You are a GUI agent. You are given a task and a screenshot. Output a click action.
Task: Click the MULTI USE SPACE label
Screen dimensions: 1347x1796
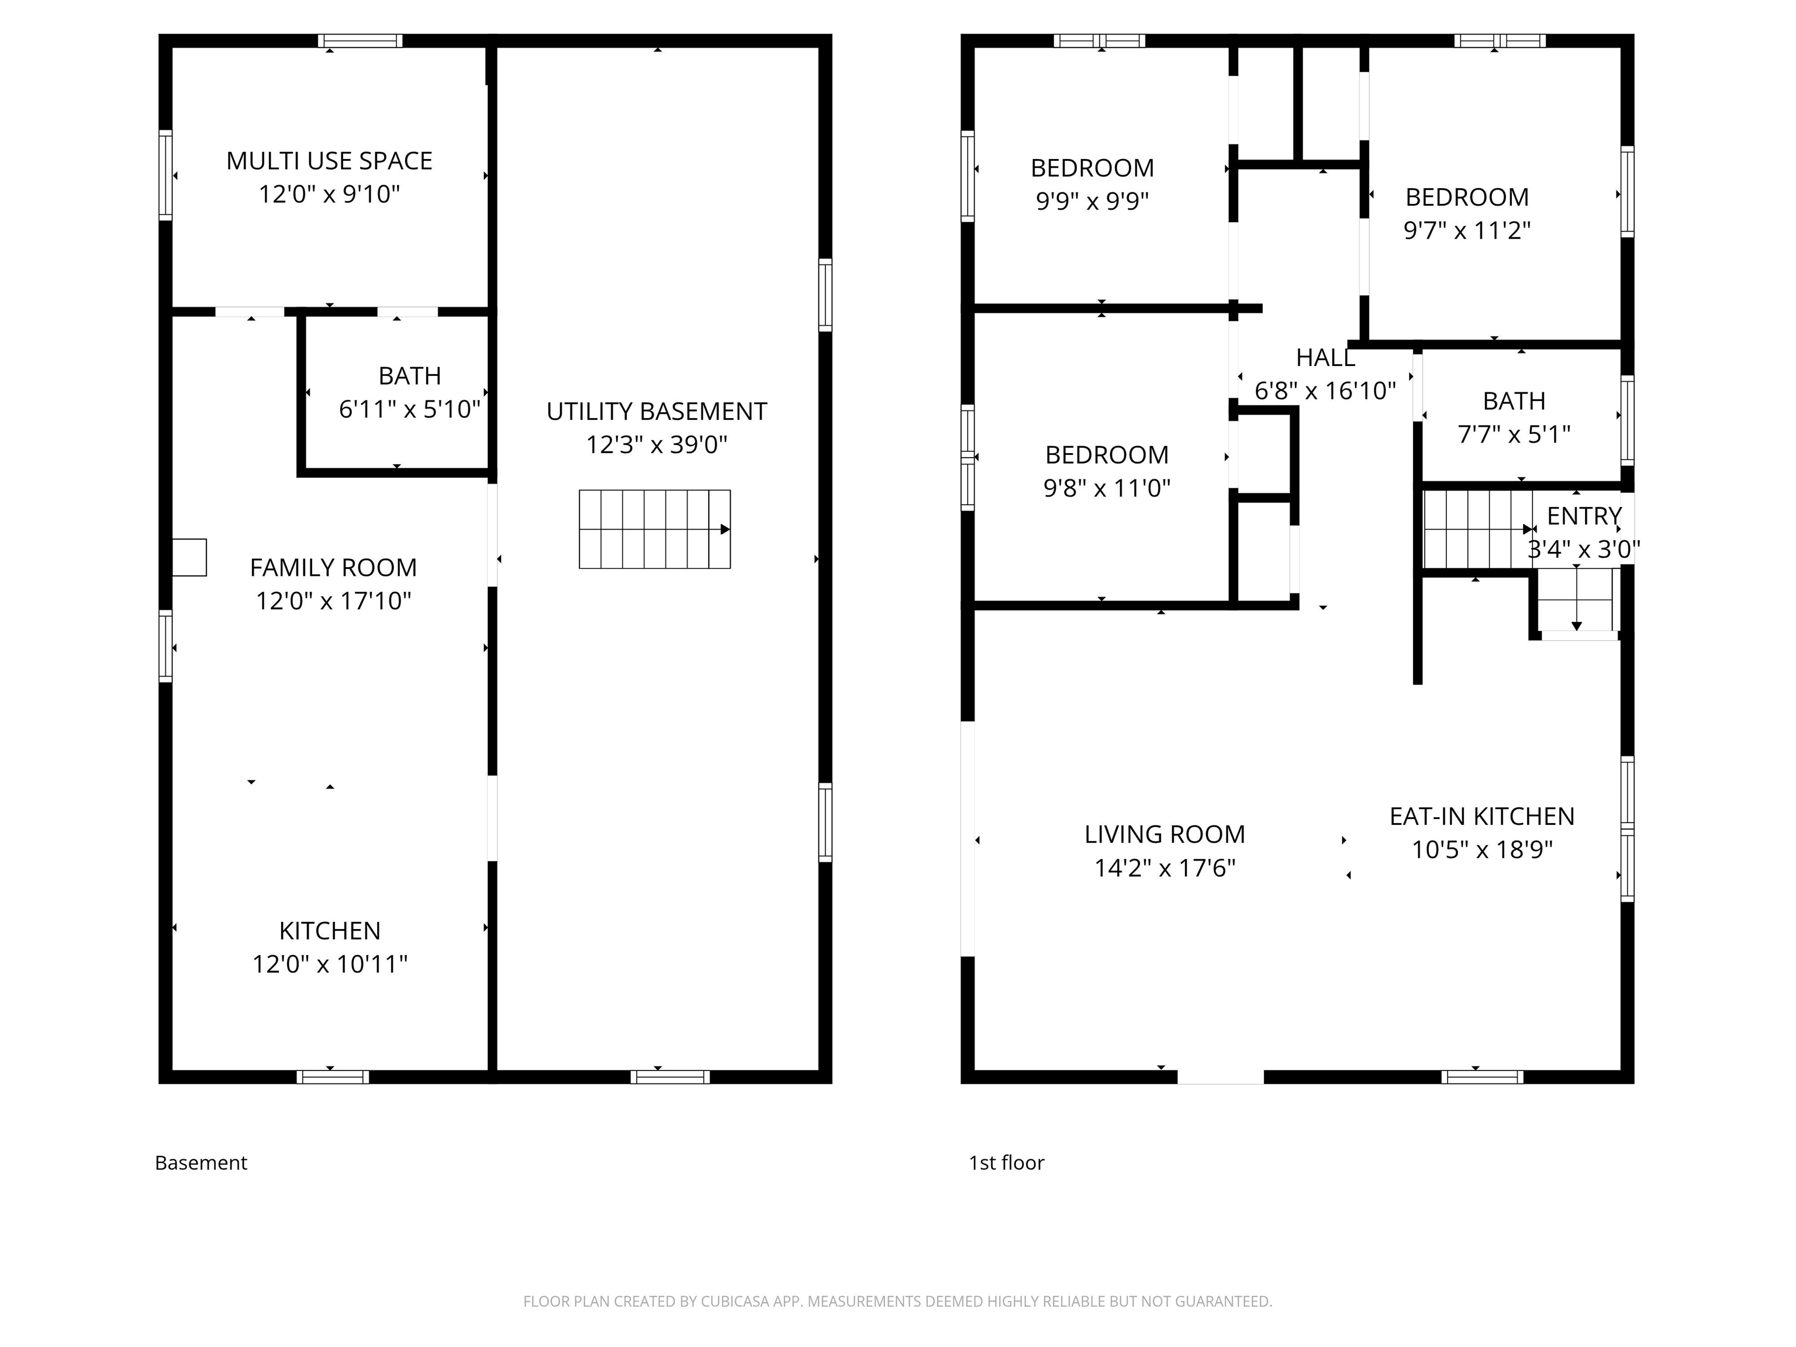(329, 161)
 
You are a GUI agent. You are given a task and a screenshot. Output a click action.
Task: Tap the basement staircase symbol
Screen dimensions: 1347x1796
(654, 529)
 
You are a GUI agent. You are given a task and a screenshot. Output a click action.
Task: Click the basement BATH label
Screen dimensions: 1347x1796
(409, 376)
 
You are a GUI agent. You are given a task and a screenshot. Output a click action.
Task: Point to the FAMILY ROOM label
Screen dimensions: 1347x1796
(333, 568)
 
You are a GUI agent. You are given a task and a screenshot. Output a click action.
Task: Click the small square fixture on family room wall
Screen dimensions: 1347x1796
(189, 558)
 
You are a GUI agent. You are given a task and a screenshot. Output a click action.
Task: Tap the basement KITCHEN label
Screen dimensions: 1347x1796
(330, 931)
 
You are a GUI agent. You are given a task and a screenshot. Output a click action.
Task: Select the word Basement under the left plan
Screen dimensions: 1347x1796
(201, 1163)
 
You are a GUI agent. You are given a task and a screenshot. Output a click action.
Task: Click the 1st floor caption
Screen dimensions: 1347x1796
(1006, 1163)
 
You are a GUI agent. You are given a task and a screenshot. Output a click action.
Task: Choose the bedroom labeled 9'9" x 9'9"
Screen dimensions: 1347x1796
(1092, 201)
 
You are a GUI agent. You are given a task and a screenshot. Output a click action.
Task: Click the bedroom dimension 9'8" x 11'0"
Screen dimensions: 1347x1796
(1107, 488)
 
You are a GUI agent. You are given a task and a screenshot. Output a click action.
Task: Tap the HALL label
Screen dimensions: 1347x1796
(1325, 357)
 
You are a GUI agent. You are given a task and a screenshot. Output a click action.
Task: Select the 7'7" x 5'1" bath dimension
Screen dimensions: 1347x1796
(1514, 434)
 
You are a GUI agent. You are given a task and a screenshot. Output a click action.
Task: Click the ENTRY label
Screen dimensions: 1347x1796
(1583, 516)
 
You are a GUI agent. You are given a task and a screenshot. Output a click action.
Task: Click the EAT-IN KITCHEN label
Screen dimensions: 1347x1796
(1482, 816)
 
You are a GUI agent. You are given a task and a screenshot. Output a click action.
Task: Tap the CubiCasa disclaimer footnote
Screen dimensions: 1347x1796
(897, 1301)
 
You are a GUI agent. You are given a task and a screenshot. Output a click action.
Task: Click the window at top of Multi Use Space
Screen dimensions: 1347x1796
(360, 40)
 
